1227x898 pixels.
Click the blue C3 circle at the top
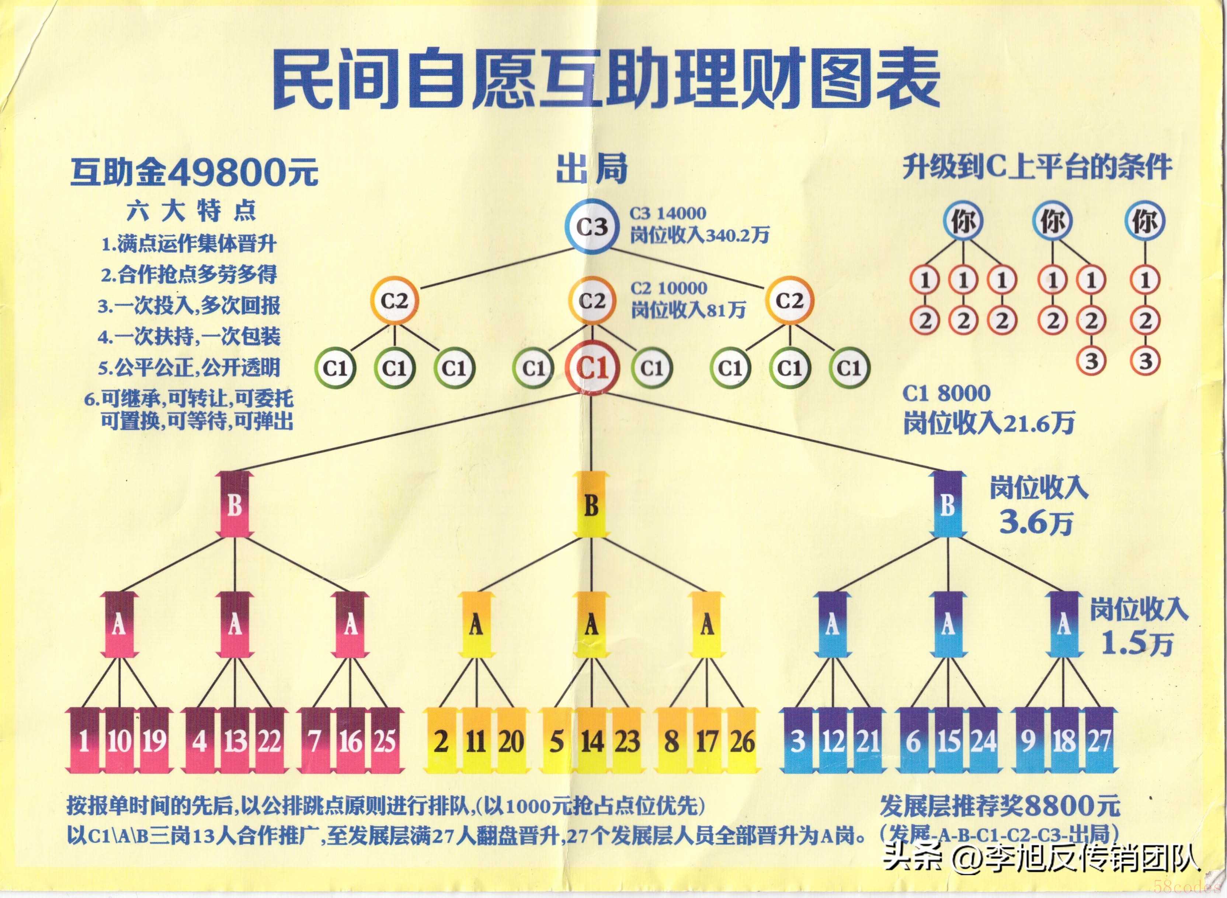591,227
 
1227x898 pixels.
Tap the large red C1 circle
591,368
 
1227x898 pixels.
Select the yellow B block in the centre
591,504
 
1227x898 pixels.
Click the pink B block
234,504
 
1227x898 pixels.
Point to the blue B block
948,504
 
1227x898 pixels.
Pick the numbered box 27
1099,740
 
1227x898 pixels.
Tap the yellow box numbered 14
591,740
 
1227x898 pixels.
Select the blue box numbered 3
797,740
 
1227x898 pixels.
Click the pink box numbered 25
385,740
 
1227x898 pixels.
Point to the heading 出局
591,168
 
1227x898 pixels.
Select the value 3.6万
1036,523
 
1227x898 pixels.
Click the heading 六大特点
191,211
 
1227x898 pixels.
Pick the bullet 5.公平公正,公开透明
189,368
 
